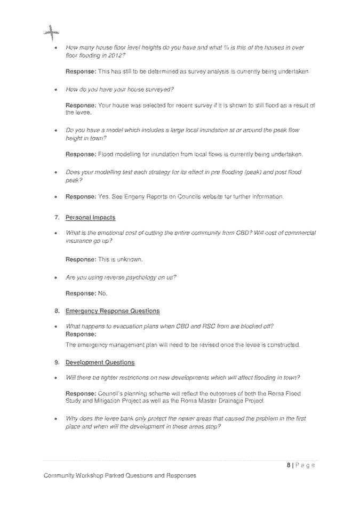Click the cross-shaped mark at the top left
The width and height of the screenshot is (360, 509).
(51, 34)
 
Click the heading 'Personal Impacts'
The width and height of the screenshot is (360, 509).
(90, 218)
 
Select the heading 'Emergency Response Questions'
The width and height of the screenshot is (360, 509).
(113, 311)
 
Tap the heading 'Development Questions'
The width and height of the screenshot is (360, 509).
(100, 363)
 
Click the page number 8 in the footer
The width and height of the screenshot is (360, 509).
(289, 465)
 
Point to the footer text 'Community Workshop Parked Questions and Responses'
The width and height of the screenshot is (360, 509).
(120, 475)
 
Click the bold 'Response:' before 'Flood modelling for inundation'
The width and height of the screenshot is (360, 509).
(81, 155)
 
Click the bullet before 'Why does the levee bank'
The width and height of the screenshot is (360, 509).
(55, 419)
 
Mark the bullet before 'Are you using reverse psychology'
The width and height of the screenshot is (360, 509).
(55, 277)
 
